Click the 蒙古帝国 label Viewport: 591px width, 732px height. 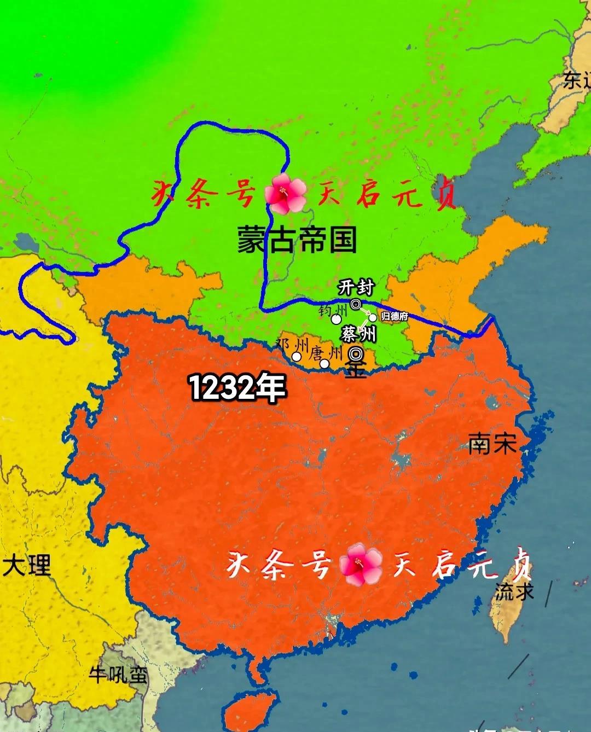click(x=297, y=240)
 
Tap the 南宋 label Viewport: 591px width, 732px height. click(x=493, y=444)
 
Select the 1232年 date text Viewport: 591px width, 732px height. click(x=237, y=388)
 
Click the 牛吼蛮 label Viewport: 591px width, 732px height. click(x=119, y=675)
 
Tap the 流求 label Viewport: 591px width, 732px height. click(x=514, y=591)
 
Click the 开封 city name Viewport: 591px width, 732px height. click(x=356, y=287)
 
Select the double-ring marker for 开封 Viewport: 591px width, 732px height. click(x=356, y=304)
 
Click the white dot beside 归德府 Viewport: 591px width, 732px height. click(x=373, y=317)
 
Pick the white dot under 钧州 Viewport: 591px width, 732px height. click(x=337, y=319)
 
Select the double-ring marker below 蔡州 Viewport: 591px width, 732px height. click(x=356, y=352)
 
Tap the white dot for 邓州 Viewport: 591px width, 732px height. click(x=296, y=357)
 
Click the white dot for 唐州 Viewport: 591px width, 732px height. click(x=324, y=363)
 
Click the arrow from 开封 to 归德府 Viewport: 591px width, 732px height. click(x=365, y=311)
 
